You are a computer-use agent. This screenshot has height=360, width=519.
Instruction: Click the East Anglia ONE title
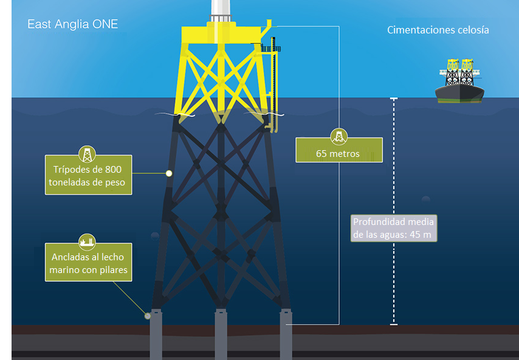pyautogui.click(x=73, y=25)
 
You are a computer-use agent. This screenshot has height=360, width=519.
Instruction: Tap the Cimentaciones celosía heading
pyautogui.click(x=438, y=30)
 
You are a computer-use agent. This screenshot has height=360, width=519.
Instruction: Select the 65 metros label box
pyautogui.click(x=339, y=150)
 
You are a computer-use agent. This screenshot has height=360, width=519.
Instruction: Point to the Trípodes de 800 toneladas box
pyautogui.click(x=89, y=175)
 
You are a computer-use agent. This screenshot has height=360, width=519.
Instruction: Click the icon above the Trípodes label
pyautogui.click(x=88, y=153)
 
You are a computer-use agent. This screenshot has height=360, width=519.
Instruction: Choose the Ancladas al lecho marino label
pyautogui.click(x=88, y=263)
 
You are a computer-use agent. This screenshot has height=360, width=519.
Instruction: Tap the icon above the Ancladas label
pyautogui.click(x=88, y=241)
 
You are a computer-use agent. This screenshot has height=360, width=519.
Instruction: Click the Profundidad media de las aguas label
pyautogui.click(x=394, y=228)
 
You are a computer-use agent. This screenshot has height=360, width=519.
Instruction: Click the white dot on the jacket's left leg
pyautogui.click(x=169, y=174)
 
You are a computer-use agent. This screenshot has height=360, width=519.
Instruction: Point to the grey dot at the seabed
pyautogui.click(x=147, y=316)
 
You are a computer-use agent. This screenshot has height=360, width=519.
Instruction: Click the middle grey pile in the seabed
pyautogui.click(x=221, y=334)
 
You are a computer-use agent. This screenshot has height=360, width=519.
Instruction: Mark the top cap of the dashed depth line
pyautogui.click(x=394, y=99)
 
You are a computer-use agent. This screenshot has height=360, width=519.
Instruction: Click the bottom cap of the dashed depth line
pyautogui.click(x=394, y=325)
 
